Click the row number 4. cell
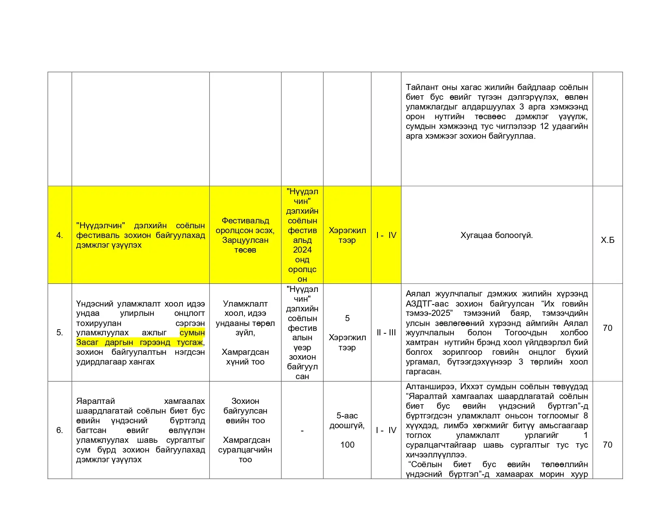60,236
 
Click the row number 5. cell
60,333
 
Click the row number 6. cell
60,430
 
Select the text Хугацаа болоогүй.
497,236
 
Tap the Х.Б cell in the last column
607,240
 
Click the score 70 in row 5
607,328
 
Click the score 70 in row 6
607,445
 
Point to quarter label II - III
386,333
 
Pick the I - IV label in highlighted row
386,236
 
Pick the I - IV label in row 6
386,430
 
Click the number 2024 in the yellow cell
302,250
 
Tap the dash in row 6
302,431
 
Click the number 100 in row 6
347,445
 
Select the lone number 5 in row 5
347,318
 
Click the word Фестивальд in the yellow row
245,221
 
